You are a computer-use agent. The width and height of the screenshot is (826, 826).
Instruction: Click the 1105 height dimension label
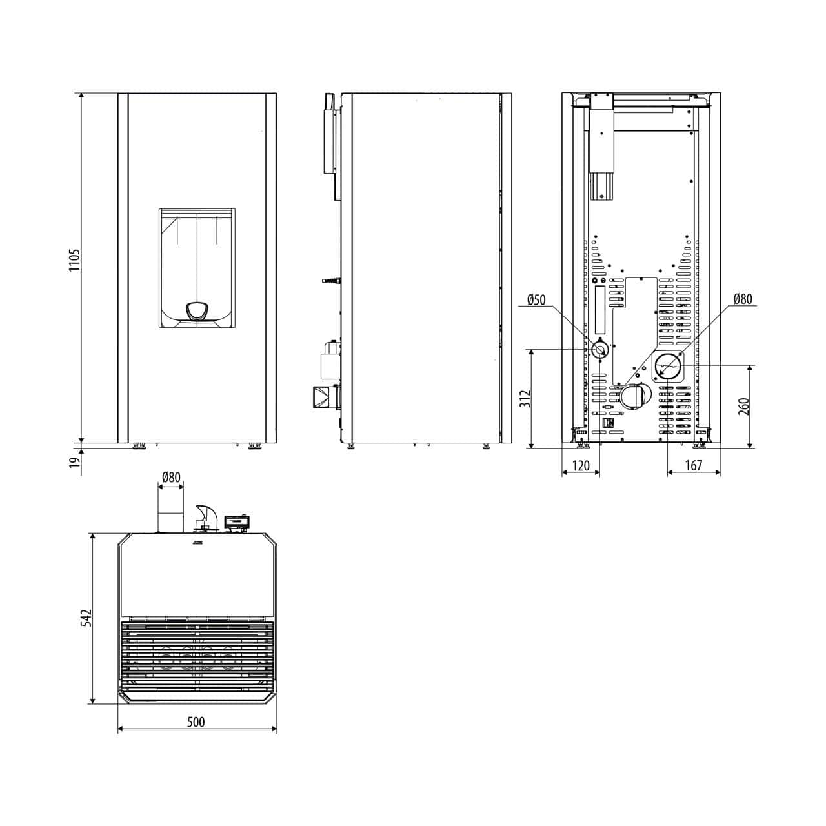pyautogui.click(x=75, y=259)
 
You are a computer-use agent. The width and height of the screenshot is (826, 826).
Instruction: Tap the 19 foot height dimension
pyautogui.click(x=75, y=462)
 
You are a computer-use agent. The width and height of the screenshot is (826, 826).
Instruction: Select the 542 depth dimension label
pyautogui.click(x=87, y=618)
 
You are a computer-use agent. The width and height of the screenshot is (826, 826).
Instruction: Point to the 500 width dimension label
pyautogui.click(x=196, y=722)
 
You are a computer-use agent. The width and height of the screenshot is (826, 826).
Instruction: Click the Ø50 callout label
pyautogui.click(x=536, y=299)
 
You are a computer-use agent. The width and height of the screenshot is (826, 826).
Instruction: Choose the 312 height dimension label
pyautogui.click(x=526, y=399)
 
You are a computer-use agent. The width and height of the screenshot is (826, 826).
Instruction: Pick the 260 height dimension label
pyautogui.click(x=744, y=407)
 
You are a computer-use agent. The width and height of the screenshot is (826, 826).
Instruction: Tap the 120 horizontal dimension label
pyautogui.click(x=581, y=465)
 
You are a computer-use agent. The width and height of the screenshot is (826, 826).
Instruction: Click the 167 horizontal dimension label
pyautogui.click(x=694, y=465)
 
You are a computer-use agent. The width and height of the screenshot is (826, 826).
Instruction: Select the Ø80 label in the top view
pyautogui.click(x=171, y=477)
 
